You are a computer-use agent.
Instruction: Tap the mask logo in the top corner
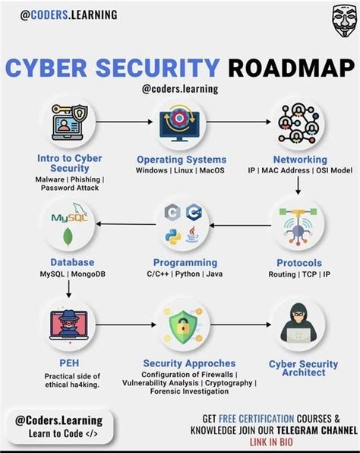point(344,22)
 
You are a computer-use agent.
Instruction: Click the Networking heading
point(300,160)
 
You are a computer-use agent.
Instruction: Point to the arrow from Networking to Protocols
point(298,185)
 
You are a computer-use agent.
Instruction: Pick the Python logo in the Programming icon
point(173,237)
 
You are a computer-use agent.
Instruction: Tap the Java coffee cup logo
point(193,235)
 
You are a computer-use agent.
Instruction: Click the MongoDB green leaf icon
point(68,237)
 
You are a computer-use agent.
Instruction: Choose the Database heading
point(72,262)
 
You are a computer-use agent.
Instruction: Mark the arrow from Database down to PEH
point(68,289)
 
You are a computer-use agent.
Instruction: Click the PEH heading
point(69,363)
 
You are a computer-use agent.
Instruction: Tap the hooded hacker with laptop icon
point(298,323)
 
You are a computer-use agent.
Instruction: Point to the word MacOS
point(212,170)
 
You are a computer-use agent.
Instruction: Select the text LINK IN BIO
point(271,442)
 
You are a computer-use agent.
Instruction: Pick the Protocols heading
point(299,263)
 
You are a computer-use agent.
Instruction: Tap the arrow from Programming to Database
point(126,224)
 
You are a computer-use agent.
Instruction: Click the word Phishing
point(85,179)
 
